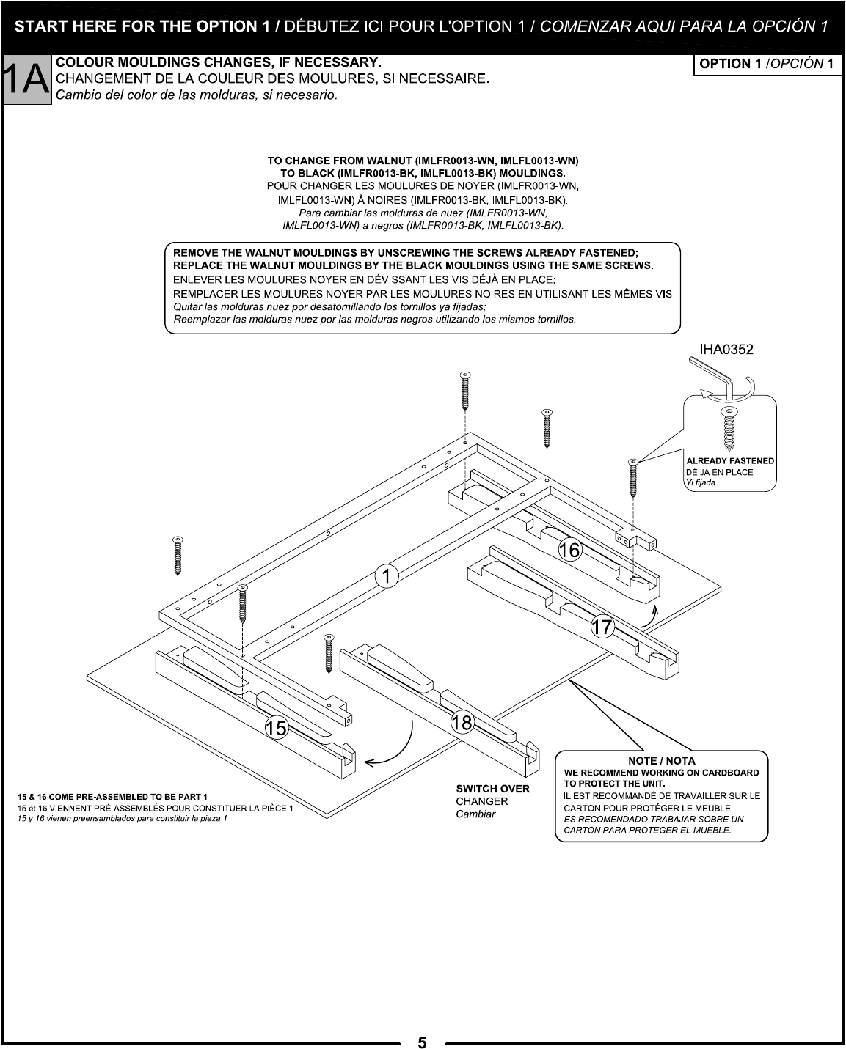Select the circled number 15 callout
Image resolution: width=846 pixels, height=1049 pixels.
[277, 728]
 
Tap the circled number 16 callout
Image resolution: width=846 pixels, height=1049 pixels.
[569, 550]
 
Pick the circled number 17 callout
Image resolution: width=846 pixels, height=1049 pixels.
[602, 627]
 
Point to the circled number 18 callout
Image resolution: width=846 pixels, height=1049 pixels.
[462, 723]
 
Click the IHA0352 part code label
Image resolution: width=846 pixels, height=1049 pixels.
[726, 350]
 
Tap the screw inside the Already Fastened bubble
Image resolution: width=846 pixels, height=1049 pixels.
[729, 428]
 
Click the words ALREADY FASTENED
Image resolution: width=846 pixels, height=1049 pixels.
[729, 461]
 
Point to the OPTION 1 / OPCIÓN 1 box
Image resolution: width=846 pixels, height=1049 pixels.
[766, 64]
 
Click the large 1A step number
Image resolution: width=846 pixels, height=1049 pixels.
[26, 80]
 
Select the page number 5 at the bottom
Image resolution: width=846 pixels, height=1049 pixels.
[422, 1042]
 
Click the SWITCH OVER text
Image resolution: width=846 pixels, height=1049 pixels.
[492, 789]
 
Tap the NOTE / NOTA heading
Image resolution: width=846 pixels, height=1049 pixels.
[661, 760]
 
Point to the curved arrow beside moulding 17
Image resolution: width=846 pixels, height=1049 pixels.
[649, 616]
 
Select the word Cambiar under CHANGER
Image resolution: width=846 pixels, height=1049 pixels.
[475, 814]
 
